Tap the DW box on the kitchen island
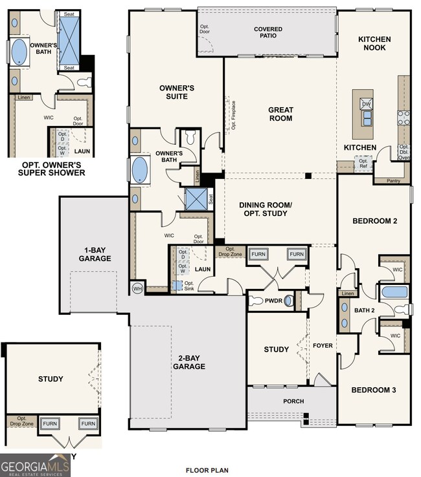point(366,103)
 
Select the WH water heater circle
point(137,288)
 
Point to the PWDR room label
point(265,301)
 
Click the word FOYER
point(322,346)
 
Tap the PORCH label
point(292,401)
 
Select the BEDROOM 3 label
point(374,390)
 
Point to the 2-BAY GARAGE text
point(188,362)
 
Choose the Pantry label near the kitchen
point(393,181)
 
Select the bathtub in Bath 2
point(394,292)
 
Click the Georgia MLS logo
point(36,465)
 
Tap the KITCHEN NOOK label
point(374,44)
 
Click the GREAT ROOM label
point(280,114)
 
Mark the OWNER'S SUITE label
point(174,92)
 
